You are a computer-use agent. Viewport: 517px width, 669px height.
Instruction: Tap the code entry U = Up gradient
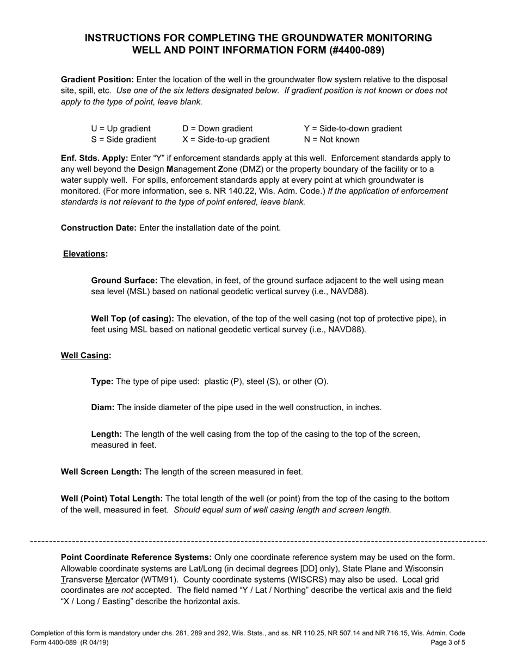121,128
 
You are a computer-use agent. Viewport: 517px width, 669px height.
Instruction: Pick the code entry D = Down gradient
218,128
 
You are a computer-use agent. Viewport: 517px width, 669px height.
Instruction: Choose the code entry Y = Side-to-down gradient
353,128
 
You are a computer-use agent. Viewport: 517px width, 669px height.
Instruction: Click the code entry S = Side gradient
124,140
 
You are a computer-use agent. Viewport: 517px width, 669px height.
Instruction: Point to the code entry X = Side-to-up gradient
226,140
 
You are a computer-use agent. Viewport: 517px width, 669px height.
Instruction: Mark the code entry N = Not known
332,140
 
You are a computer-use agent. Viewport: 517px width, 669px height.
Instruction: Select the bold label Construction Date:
99,227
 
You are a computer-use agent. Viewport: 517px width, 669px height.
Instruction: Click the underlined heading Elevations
84,253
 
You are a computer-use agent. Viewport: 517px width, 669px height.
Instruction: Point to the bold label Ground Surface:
125,281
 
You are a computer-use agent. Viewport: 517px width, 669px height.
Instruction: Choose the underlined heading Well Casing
84,355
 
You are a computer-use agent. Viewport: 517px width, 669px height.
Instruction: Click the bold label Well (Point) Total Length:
112,498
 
